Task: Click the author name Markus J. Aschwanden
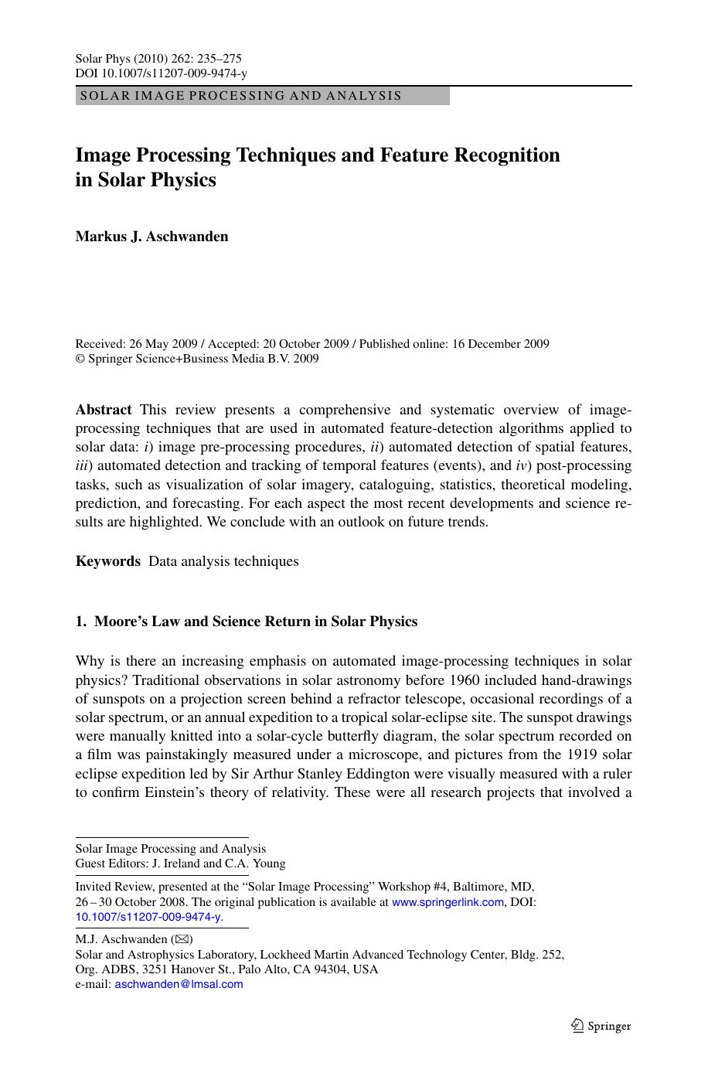pyautogui.click(x=151, y=237)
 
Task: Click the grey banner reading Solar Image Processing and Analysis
pyautogui.click(x=262, y=96)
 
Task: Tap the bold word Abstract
pyautogui.click(x=104, y=410)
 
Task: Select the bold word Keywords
pyautogui.click(x=108, y=561)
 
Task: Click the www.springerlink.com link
pyautogui.click(x=448, y=902)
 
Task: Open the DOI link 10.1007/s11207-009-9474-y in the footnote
pyautogui.click(x=148, y=917)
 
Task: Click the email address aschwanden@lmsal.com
pyautogui.click(x=179, y=984)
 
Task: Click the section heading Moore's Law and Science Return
pyautogui.click(x=255, y=622)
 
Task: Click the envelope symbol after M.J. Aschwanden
pyautogui.click(x=182, y=939)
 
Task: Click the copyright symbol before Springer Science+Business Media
pyautogui.click(x=80, y=359)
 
